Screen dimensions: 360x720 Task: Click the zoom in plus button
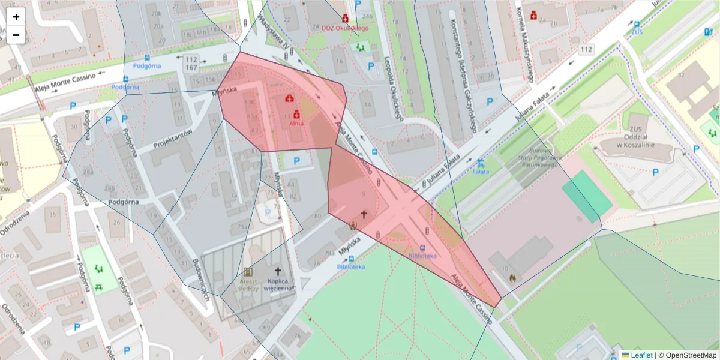(x=16, y=17)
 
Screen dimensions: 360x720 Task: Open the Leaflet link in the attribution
(x=641, y=355)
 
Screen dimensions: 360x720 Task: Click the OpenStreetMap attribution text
(x=690, y=355)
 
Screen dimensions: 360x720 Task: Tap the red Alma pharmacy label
(x=296, y=123)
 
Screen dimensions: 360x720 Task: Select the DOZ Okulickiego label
(x=345, y=28)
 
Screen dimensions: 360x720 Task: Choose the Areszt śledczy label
(x=248, y=284)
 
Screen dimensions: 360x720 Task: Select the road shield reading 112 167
(x=191, y=64)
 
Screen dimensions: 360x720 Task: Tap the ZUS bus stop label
(x=637, y=31)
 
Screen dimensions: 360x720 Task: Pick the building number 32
(x=680, y=75)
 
